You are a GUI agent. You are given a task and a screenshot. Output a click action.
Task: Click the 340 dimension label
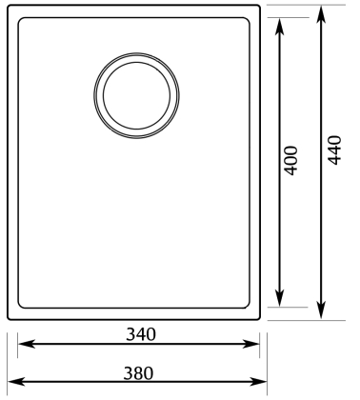(x=141, y=334)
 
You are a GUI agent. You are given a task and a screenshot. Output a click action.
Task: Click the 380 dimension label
(x=138, y=373)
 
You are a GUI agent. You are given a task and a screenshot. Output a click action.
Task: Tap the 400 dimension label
(x=290, y=161)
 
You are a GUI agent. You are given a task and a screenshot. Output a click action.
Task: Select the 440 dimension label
(x=334, y=150)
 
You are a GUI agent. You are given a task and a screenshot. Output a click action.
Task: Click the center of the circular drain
(x=136, y=95)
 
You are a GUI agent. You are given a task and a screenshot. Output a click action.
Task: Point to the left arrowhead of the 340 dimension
(x=26, y=344)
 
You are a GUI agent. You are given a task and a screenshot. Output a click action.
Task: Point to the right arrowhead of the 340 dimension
(x=251, y=344)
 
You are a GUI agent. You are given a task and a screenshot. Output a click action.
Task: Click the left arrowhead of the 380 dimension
(x=16, y=381)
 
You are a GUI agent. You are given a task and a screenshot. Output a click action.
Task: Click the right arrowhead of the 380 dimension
(x=258, y=381)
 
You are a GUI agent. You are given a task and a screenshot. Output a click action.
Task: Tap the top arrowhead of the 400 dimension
(x=279, y=26)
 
